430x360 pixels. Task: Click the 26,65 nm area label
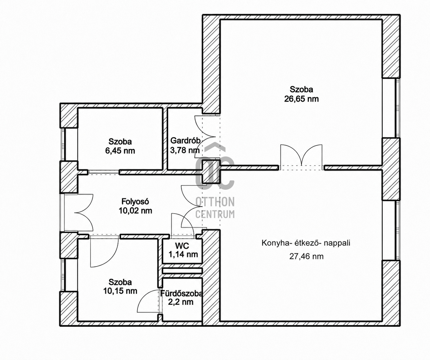[x=301, y=99]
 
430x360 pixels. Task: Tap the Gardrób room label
[x=185, y=141]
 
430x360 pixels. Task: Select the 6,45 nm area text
[x=120, y=151]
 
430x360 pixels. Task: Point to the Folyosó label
[x=135, y=202]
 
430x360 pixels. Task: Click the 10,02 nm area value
[x=135, y=211]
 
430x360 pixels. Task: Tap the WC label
[x=182, y=246]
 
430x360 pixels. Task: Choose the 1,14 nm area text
[x=183, y=255]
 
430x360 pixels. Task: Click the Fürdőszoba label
[x=181, y=294]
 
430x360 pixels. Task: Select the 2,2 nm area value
[x=180, y=302]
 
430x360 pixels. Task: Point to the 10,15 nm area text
[x=120, y=291]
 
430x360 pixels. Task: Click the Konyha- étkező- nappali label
[x=306, y=243]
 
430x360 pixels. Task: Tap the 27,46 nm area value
[x=306, y=257]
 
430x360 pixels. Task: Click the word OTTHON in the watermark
[x=215, y=202]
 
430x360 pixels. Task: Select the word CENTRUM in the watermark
[x=215, y=214]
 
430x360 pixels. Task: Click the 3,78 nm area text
[x=185, y=150]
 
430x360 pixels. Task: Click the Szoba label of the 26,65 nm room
[x=301, y=89]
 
